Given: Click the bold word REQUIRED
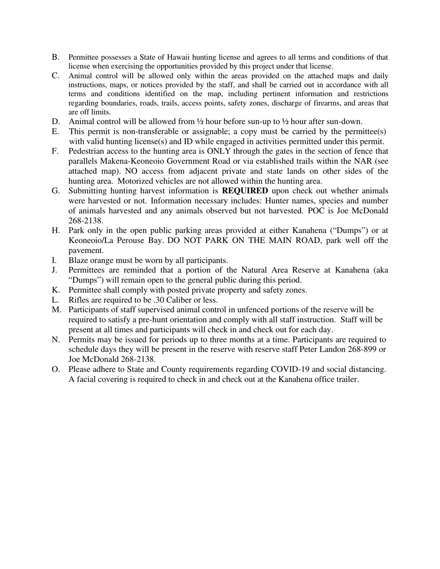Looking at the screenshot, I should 245,191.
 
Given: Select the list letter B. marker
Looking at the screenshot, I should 56,57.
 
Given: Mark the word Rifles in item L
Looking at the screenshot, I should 79,300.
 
